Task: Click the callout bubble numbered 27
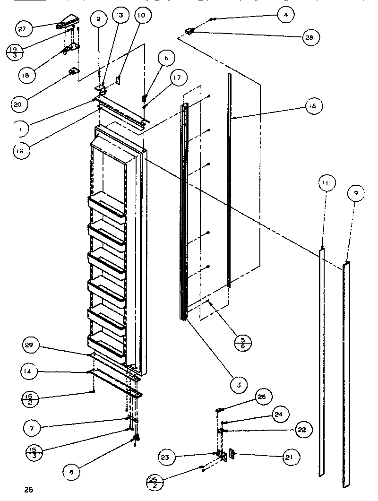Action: click(x=22, y=28)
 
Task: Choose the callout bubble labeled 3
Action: click(x=239, y=385)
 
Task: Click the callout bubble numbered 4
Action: click(x=285, y=15)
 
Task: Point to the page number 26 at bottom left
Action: click(x=29, y=489)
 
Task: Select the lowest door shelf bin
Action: click(x=106, y=344)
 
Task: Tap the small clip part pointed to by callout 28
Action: click(x=190, y=32)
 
